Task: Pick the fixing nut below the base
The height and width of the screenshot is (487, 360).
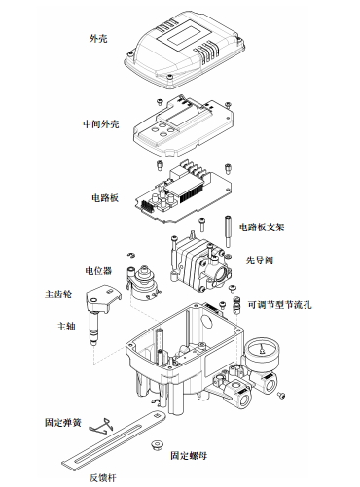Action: pos(154,443)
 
